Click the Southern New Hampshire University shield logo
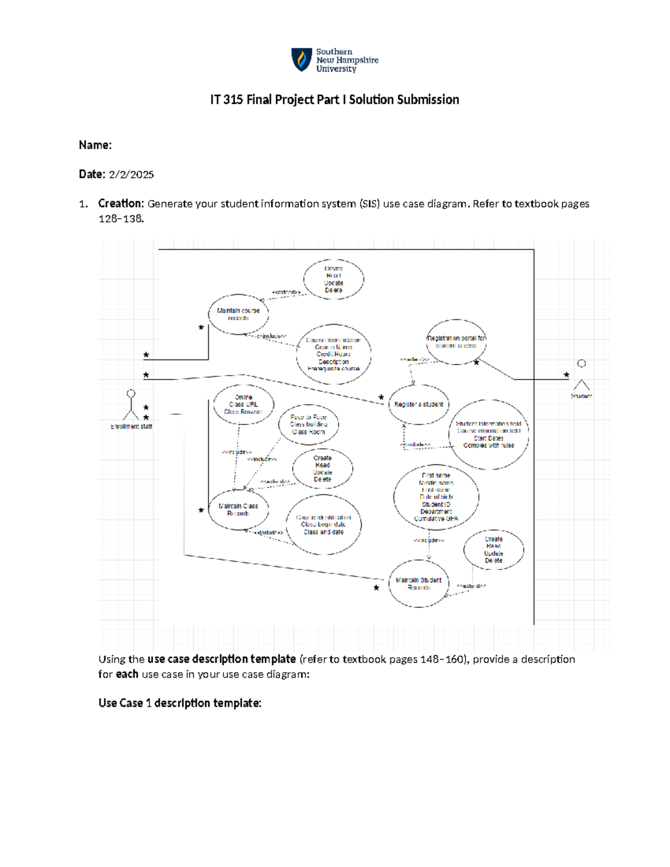[x=301, y=60]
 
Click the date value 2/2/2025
[x=131, y=175]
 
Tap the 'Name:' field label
[x=95, y=145]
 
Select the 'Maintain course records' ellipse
[x=238, y=314]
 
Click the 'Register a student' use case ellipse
[x=419, y=404]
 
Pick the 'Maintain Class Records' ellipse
[x=238, y=509]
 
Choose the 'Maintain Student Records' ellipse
[x=419, y=584]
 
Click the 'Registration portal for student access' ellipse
[x=456, y=342]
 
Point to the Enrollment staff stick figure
[x=131, y=405]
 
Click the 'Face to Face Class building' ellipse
[x=309, y=424]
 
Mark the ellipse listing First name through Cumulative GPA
[x=436, y=497]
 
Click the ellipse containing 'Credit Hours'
[x=333, y=355]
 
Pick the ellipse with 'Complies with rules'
[x=489, y=434]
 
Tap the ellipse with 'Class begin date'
[x=323, y=525]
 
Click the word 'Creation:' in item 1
[x=121, y=204]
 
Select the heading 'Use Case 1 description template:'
[x=180, y=703]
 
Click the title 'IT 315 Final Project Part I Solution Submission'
[x=334, y=100]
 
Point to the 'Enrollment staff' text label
[x=131, y=427]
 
